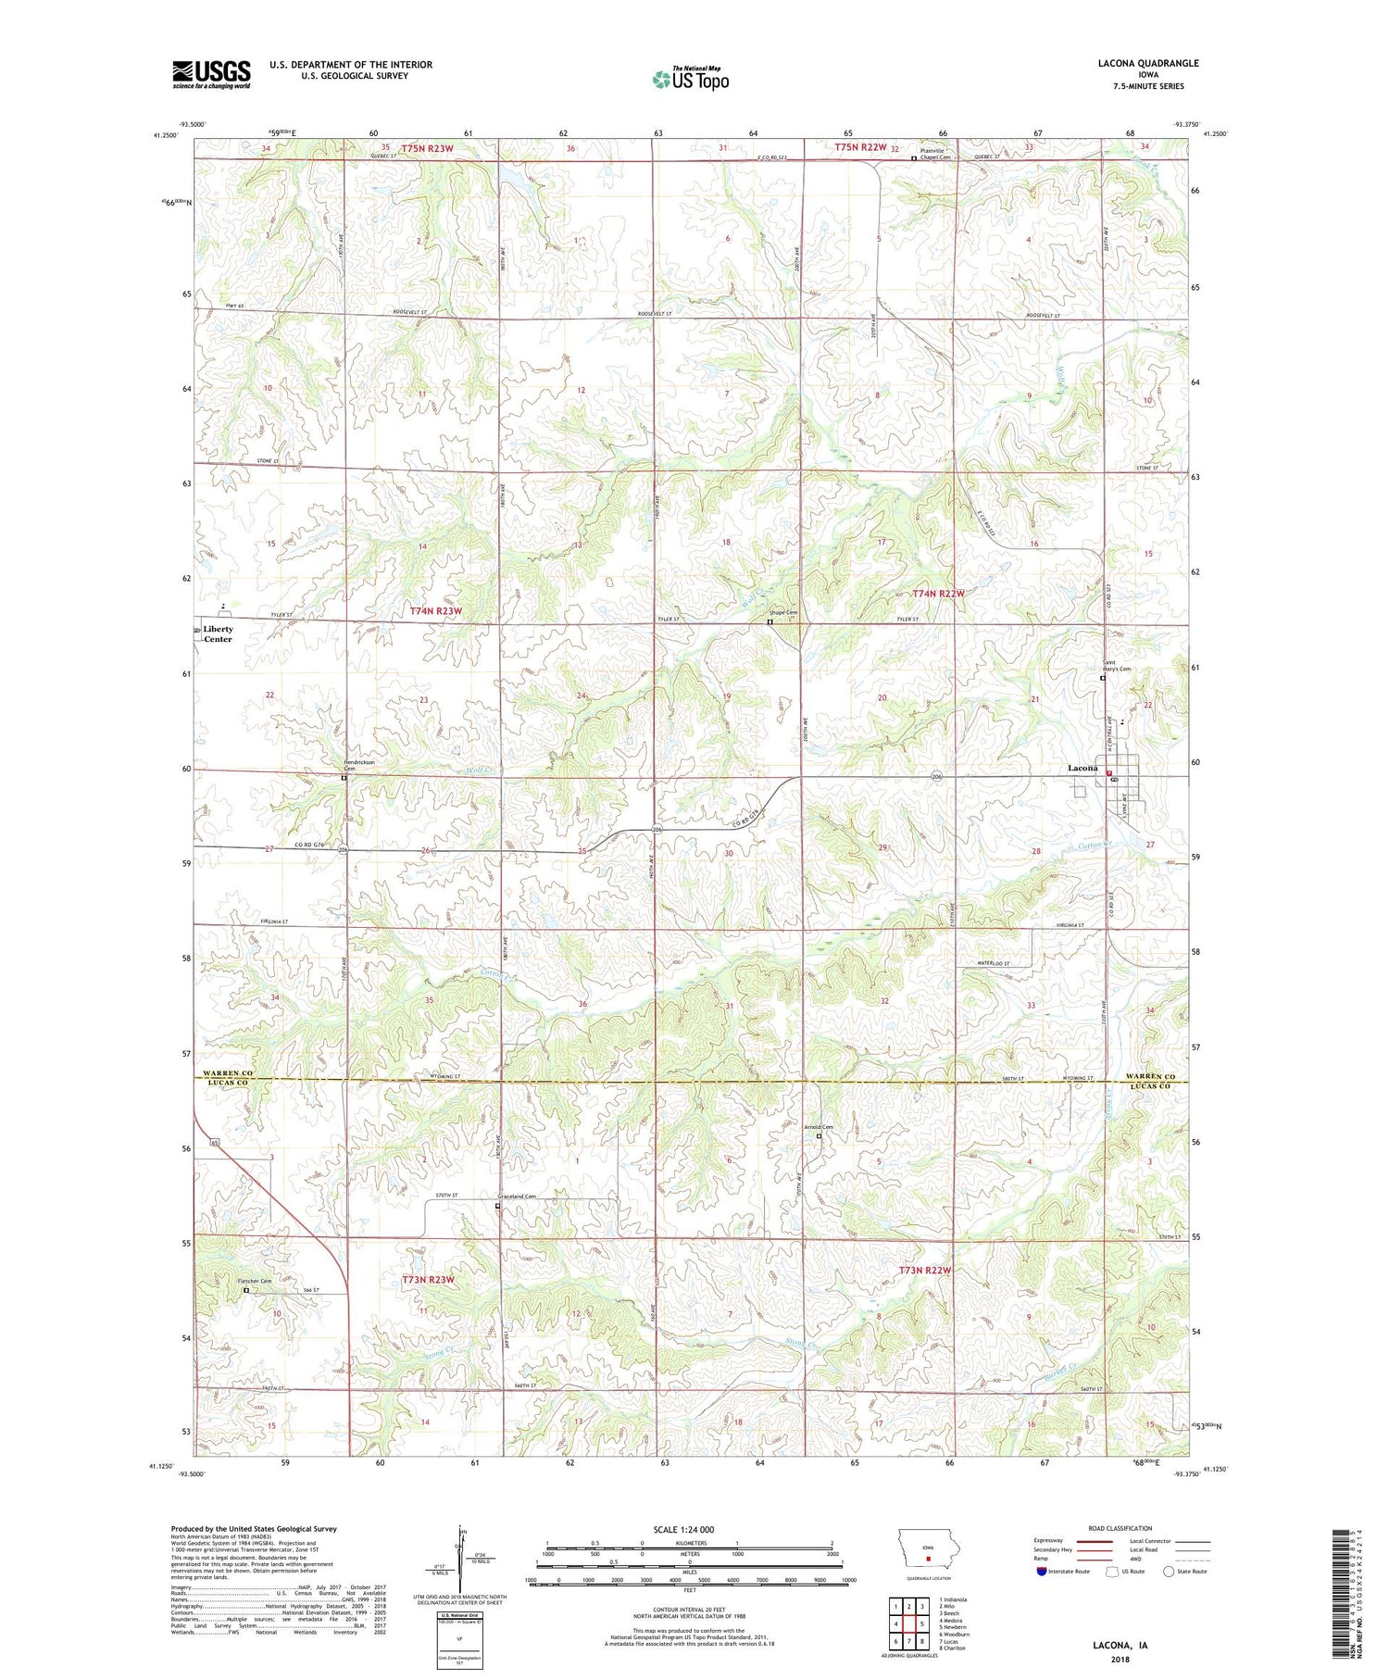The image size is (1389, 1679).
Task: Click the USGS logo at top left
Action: click(x=211, y=74)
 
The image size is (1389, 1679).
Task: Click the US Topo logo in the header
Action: click(x=690, y=80)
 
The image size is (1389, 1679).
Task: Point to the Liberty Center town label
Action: click(x=218, y=634)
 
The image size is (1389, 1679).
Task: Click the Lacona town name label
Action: click(x=1082, y=768)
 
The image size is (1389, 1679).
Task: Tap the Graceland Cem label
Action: click(x=517, y=1197)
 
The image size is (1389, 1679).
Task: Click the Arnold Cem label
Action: click(x=819, y=1127)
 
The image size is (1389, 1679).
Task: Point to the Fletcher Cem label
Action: click(x=255, y=1282)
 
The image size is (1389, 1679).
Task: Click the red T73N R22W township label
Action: click(x=925, y=1270)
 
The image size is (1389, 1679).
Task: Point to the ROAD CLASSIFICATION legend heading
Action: click(x=1120, y=1528)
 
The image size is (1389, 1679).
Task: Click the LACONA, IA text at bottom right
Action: click(x=1118, y=1646)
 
